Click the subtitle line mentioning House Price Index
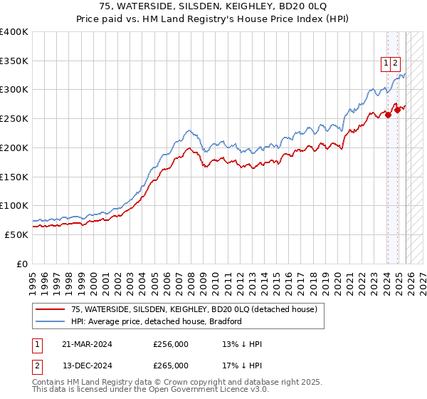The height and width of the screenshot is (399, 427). [213, 19]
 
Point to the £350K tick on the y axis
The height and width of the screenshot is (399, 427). [14, 61]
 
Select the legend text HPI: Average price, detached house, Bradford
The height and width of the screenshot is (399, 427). [157, 321]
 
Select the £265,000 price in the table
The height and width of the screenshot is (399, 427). [171, 366]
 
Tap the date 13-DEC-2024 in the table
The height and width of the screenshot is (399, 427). [87, 366]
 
